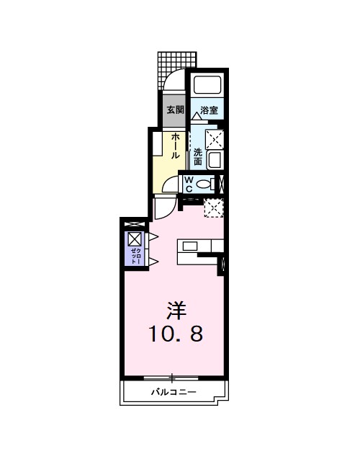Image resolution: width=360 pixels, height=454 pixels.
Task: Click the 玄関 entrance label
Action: tap(174, 110)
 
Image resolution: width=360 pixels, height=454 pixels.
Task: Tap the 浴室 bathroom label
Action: tap(210, 110)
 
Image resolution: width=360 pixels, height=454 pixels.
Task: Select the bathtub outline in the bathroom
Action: tap(209, 86)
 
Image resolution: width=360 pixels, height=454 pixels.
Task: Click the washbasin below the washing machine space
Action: tap(214, 160)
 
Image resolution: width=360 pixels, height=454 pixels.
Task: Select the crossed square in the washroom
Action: tap(214, 138)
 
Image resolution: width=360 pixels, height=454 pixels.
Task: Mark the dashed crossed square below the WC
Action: tap(213, 208)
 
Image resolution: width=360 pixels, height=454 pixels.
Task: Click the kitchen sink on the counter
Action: tap(189, 246)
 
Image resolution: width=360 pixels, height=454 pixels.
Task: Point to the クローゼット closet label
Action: tap(136, 257)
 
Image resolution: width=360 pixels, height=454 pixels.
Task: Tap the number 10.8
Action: tap(176, 334)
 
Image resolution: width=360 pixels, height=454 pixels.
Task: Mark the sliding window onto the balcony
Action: tap(172, 377)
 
